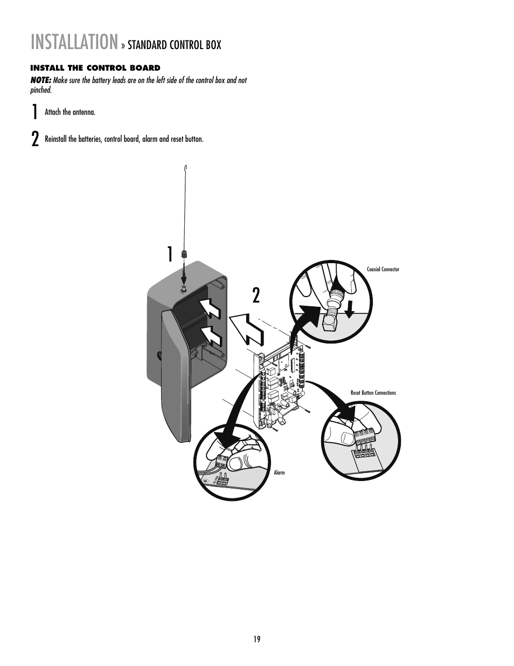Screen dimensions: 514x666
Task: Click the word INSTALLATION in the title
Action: point(74,42)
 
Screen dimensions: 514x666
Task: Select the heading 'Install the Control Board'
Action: point(95,68)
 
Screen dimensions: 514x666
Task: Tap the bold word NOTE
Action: point(40,80)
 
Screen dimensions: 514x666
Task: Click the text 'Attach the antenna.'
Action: point(70,112)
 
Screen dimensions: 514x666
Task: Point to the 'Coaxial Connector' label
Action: point(383,270)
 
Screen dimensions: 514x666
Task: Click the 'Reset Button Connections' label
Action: point(373,393)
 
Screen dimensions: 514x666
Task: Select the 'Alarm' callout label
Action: point(279,473)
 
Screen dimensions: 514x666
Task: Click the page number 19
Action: point(257,639)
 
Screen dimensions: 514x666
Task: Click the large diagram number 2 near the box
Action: point(256,296)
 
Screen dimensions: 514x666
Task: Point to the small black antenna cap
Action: point(184,253)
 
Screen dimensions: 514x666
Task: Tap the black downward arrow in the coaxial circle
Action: point(349,310)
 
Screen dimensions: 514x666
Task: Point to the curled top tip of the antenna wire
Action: point(185,168)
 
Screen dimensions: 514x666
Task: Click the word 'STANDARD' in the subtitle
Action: point(147,45)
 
